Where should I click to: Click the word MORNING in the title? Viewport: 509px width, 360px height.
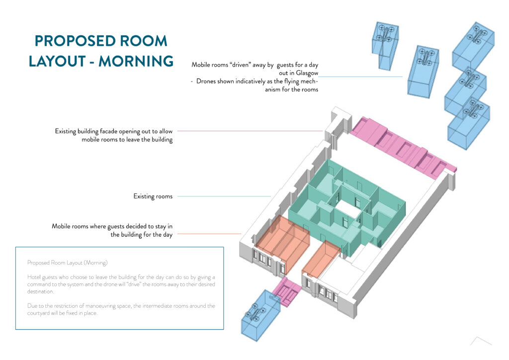click(x=136, y=61)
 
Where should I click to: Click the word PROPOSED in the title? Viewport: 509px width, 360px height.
click(x=76, y=41)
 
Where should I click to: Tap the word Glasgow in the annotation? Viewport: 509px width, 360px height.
click(x=307, y=74)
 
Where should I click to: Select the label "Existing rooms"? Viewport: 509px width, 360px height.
click(x=153, y=196)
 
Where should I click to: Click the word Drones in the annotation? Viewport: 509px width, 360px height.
click(x=206, y=81)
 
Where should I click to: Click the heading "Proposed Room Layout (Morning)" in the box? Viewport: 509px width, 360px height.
click(x=67, y=263)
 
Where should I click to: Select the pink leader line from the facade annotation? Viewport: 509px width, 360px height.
click(x=250, y=131)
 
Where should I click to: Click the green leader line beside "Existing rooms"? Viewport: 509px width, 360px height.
click(x=224, y=196)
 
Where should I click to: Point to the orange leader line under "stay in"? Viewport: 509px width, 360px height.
click(x=209, y=234)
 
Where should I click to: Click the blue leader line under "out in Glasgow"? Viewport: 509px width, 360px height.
click(x=360, y=77)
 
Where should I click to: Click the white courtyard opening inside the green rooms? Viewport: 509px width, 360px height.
click(x=348, y=208)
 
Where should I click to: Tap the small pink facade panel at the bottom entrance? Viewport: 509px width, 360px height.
click(x=286, y=292)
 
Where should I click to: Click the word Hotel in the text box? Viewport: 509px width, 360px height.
click(x=34, y=277)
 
